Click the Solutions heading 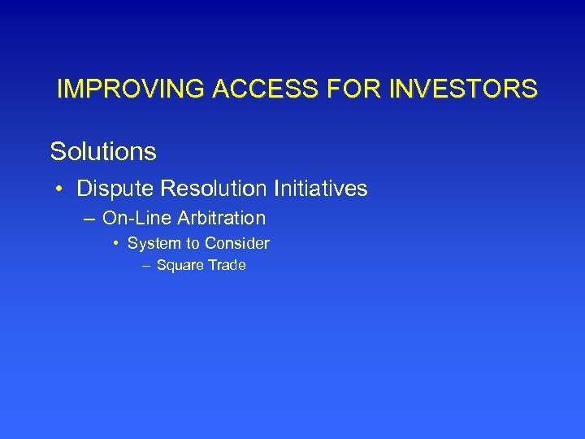pyautogui.click(x=103, y=151)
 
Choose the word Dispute pyautogui.click(x=115, y=189)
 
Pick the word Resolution pyautogui.click(x=213, y=189)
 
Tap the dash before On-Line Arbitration pyautogui.click(x=88, y=219)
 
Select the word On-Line pyautogui.click(x=132, y=218)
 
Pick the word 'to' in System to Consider pyautogui.click(x=193, y=243)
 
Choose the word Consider pyautogui.click(x=236, y=243)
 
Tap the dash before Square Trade pyautogui.click(x=145, y=266)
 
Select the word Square pyautogui.click(x=180, y=266)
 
